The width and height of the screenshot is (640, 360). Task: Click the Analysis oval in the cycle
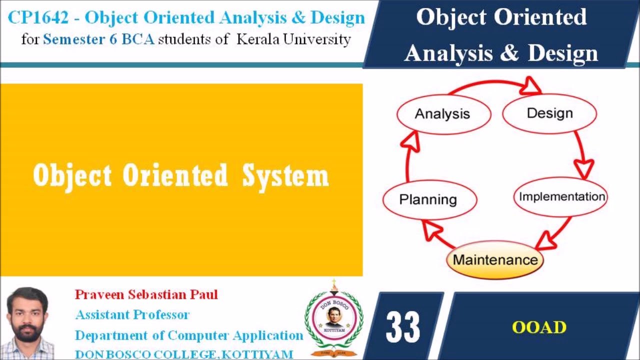[443, 113]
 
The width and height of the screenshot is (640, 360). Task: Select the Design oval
[549, 113]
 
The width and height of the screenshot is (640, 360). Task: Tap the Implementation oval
[561, 196]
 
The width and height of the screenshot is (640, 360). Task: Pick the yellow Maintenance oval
[494, 260]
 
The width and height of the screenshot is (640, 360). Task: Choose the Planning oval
[428, 199]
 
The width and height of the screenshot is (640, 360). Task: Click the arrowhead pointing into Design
[531, 86]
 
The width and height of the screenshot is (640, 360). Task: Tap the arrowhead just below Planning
[432, 230]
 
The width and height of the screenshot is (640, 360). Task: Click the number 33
[403, 327]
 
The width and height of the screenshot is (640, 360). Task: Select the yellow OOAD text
[539, 327]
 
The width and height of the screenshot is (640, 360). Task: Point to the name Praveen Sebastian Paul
[146, 294]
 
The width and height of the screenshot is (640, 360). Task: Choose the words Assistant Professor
[132, 314]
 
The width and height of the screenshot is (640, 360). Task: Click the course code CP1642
[37, 18]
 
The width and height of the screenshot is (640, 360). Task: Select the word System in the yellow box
[285, 175]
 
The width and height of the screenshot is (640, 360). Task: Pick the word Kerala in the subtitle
[258, 39]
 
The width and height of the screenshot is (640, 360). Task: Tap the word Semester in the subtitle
[73, 39]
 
